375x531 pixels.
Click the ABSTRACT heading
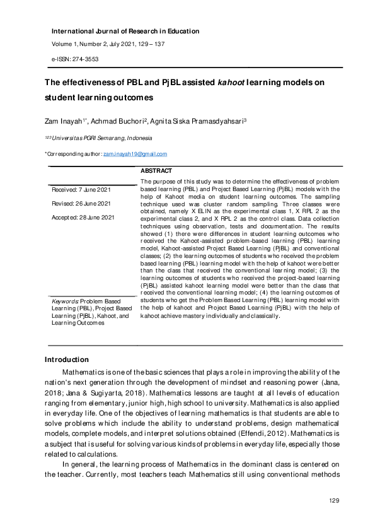[x=156, y=171]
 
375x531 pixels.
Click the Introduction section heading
[x=66, y=360]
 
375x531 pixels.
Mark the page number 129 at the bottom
[x=335, y=500]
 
